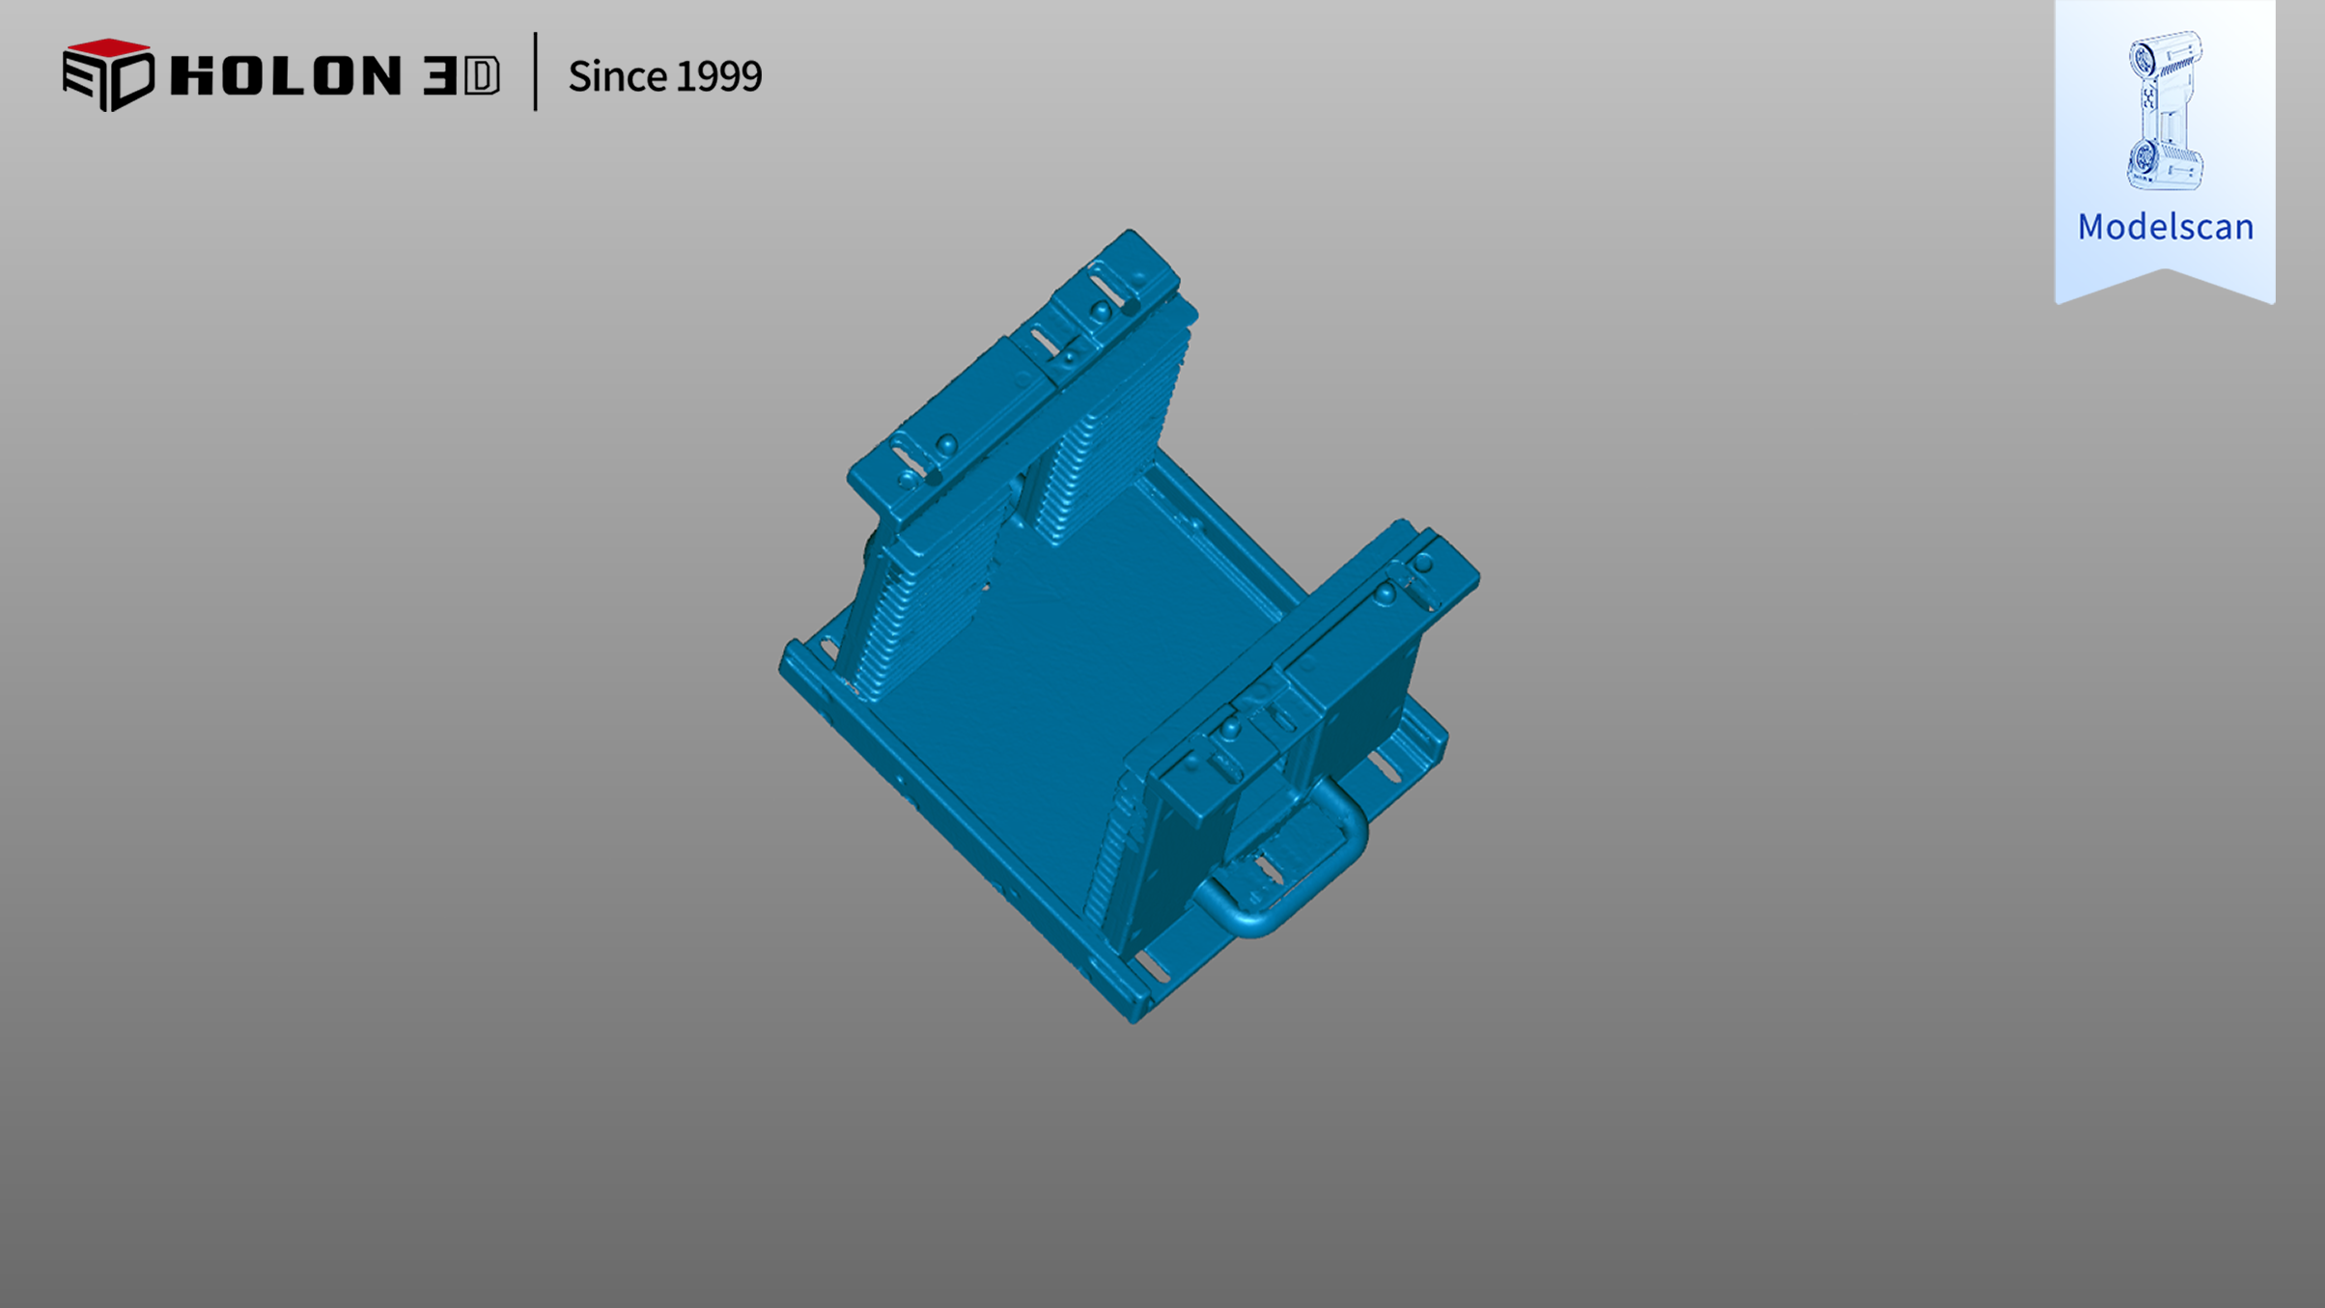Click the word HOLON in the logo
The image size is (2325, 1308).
tap(285, 75)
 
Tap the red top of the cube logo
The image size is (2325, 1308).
tap(107, 47)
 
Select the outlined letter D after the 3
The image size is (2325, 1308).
tap(482, 76)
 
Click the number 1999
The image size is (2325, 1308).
tap(718, 76)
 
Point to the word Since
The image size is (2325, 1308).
tap(616, 76)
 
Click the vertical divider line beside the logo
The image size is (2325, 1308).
tap(535, 71)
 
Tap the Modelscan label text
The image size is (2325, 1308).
tap(2166, 227)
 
